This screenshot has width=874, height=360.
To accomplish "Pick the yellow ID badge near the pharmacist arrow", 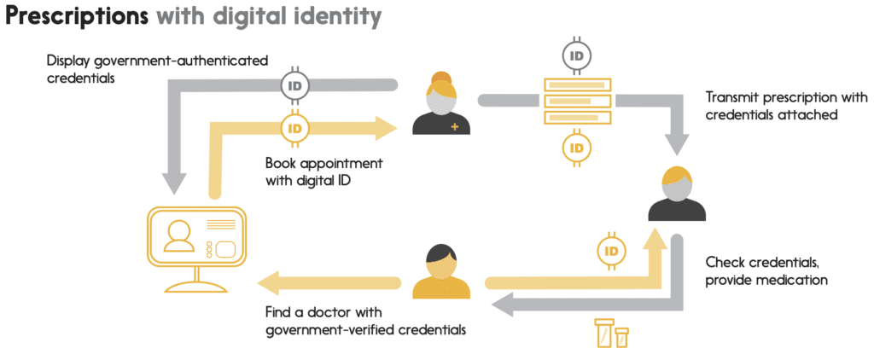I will click(x=611, y=251).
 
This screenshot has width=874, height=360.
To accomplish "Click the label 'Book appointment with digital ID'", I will click(x=323, y=170).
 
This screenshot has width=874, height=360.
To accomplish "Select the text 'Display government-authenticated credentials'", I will click(x=158, y=68).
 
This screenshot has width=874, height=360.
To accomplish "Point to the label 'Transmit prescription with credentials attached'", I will click(x=786, y=106).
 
